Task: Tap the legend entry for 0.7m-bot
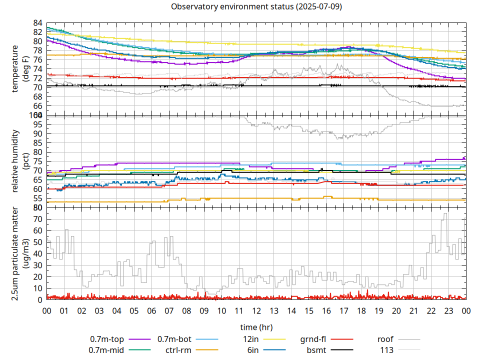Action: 174,339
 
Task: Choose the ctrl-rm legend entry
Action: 178,350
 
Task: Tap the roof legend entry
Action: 385,339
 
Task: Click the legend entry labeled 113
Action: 387,350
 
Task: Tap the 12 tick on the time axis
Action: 256,310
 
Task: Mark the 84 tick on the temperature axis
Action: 38,23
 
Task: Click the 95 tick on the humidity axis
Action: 38,124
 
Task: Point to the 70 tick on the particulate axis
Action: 38,219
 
